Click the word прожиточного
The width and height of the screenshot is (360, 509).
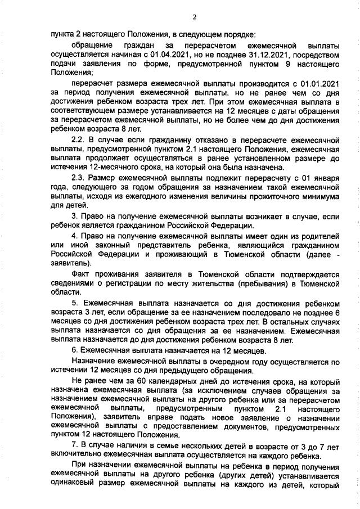pos(263,197)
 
